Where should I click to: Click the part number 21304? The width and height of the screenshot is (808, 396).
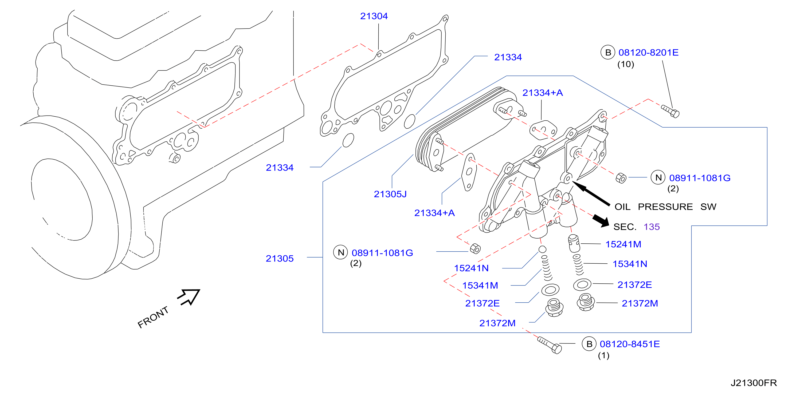point(374,16)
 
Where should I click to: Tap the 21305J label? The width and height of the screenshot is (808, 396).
point(390,194)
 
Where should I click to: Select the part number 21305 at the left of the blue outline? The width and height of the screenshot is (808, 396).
point(280,258)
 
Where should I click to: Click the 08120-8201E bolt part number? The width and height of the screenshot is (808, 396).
point(648,52)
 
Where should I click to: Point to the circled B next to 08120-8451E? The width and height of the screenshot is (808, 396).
point(589,344)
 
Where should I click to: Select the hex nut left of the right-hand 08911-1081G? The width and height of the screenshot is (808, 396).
point(621,178)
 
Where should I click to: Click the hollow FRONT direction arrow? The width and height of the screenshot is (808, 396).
point(189,296)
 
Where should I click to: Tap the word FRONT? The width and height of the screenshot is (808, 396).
point(153,317)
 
